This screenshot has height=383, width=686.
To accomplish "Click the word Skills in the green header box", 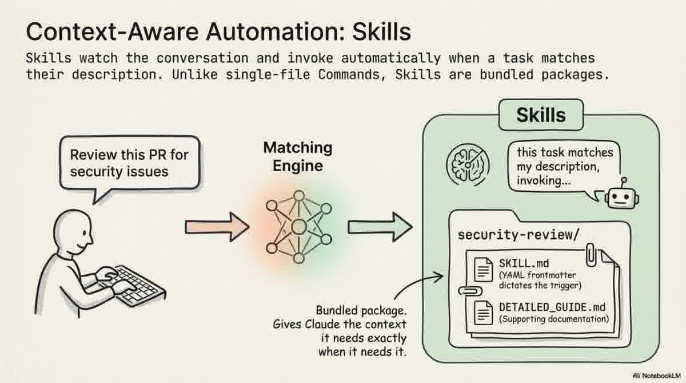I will click(540, 115).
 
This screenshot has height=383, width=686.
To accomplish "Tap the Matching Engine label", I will click(297, 156).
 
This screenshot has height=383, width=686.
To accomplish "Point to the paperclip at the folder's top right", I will click(591, 255).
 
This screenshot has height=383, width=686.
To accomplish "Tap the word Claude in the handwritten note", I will click(324, 323).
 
